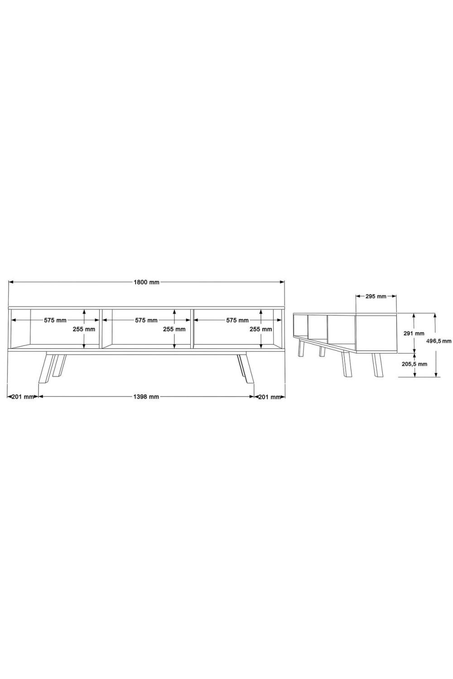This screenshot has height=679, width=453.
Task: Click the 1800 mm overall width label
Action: pos(147,282)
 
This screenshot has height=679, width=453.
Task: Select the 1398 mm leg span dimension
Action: pos(146,397)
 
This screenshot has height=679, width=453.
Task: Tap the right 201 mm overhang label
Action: pos(270,397)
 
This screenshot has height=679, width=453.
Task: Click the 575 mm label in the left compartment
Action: pos(55,320)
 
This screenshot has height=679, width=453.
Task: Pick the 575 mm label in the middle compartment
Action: pos(146,320)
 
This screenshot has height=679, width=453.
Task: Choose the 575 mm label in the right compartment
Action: pos(237,320)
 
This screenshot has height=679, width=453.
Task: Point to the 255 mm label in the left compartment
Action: pos(84,329)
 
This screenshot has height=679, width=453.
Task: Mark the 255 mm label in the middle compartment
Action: pos(174,329)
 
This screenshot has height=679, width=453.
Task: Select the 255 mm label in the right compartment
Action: pos(261,329)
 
